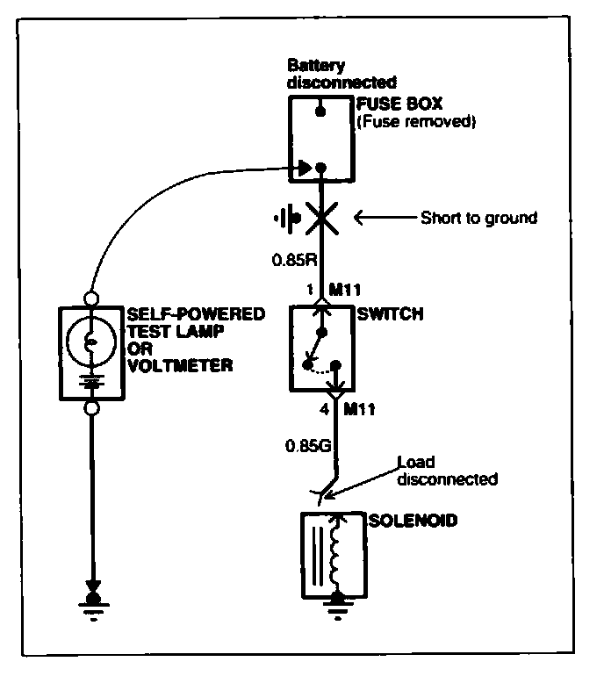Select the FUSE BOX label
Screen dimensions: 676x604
click(392, 105)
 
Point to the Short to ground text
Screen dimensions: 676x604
click(478, 218)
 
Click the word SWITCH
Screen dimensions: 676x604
click(385, 314)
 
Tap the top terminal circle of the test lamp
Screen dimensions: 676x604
click(91, 298)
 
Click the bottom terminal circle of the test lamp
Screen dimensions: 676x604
click(91, 408)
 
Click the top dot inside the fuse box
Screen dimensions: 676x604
click(322, 111)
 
